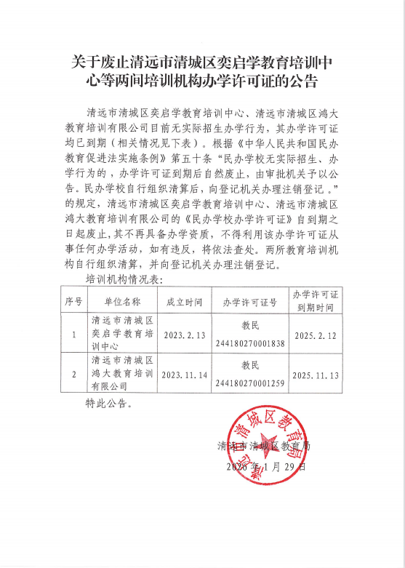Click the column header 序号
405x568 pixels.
pos(73,300)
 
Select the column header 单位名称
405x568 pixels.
pos(122,300)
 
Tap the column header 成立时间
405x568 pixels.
pos(183,300)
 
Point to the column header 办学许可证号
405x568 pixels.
pos(250,300)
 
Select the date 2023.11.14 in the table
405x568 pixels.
pos(183,375)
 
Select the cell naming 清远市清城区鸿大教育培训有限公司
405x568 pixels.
pos(122,375)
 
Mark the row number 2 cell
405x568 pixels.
pos(73,375)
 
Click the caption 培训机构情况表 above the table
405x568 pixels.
pos(125,279)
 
